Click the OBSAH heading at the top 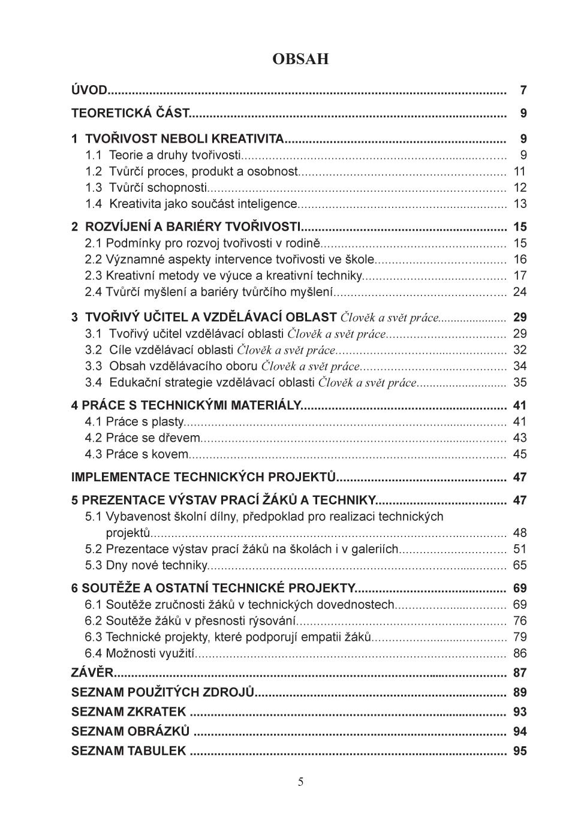coord(300,59)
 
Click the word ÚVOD coord(89,91)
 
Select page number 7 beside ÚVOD coord(523,91)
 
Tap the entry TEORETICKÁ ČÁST coord(130,113)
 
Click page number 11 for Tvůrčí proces coord(519,171)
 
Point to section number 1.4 coord(94,204)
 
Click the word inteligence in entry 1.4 coord(267,204)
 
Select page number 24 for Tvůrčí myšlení coord(519,292)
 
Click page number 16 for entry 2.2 coord(519,260)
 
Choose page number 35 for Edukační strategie coord(519,382)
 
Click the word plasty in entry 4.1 coord(167,422)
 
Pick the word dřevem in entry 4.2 coord(179,438)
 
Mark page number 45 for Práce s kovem coord(519,454)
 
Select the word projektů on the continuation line coord(128,533)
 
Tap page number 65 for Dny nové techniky coord(519,565)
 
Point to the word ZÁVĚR coord(92,673)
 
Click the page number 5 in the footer coord(300,782)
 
